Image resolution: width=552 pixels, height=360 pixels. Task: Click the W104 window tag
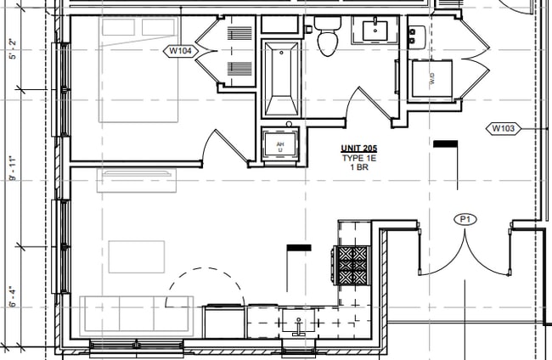pyautogui.click(x=179, y=51)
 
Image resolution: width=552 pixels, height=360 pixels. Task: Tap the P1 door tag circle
pyautogui.click(x=466, y=220)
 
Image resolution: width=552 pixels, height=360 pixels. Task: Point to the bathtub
pyautogui.click(x=279, y=79)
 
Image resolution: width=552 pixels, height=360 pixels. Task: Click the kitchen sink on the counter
pyautogui.click(x=299, y=323)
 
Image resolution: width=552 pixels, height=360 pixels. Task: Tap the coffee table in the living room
pyautogui.click(x=137, y=256)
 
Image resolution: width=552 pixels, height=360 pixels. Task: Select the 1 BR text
pyautogui.click(x=358, y=167)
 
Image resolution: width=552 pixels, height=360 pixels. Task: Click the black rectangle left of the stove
pyautogui.click(x=299, y=248)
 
